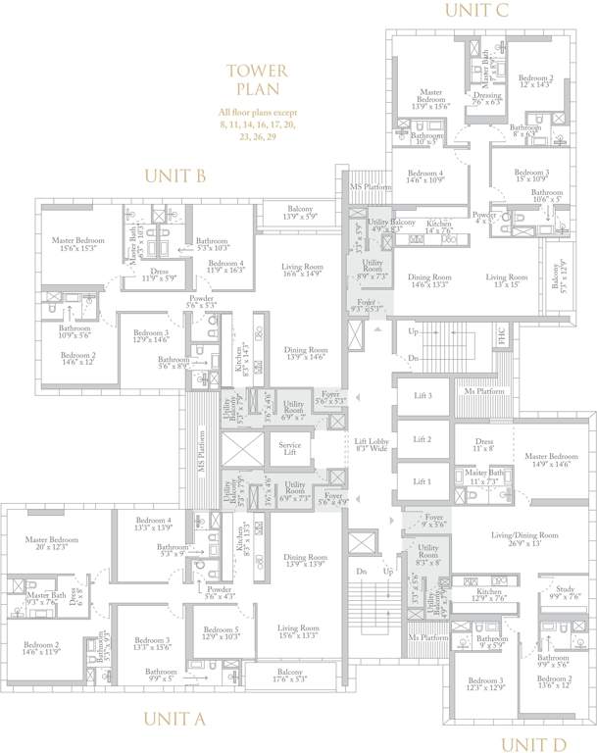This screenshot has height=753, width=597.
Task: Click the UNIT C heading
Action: point(476,11)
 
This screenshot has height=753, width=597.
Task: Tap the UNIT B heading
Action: point(174,176)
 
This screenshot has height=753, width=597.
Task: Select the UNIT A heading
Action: point(174,719)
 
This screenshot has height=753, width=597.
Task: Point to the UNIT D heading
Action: point(534,744)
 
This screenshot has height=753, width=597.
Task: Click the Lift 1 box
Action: point(422,481)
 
